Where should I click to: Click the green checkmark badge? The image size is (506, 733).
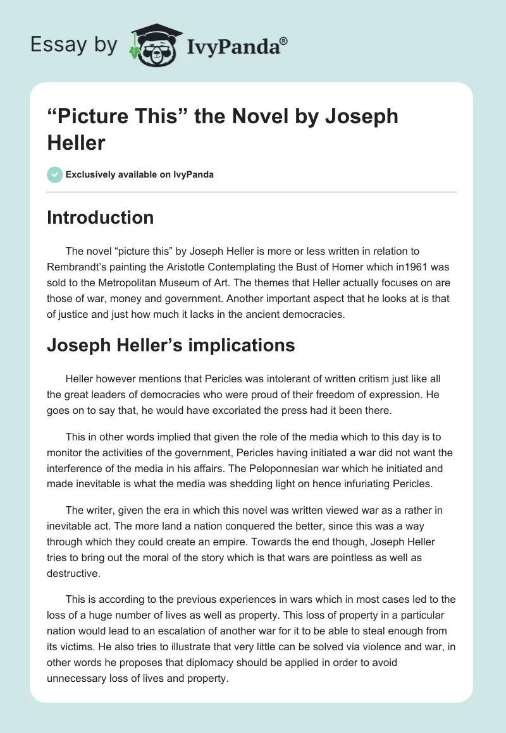[55, 174]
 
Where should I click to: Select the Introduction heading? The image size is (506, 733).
[101, 217]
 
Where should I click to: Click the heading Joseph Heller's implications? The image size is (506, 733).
[171, 345]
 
